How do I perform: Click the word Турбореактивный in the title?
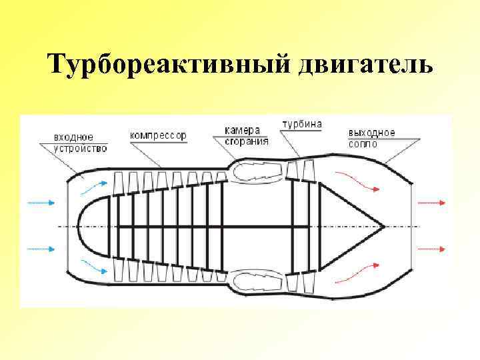point(167,65)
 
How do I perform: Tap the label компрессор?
point(158,135)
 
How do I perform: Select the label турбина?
point(302,124)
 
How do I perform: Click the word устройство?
point(80,147)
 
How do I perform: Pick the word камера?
point(241,130)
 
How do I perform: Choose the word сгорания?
point(246,140)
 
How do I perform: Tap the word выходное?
point(371,133)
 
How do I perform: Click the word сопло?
point(363,143)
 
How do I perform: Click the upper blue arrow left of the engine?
point(42,201)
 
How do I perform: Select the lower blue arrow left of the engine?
point(42,249)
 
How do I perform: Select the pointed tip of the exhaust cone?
point(384,226)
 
